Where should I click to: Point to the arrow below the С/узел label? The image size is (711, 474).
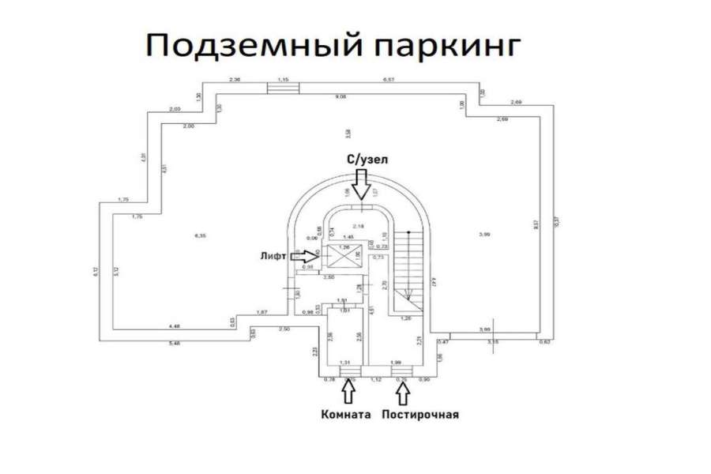point(362,186)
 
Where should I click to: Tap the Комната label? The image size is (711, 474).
point(346,414)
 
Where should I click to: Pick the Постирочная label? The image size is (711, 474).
point(420,414)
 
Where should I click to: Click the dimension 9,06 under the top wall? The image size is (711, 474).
point(340,96)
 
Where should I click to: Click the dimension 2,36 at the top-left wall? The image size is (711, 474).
point(234,80)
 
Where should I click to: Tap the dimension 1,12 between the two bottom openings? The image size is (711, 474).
point(377,379)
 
